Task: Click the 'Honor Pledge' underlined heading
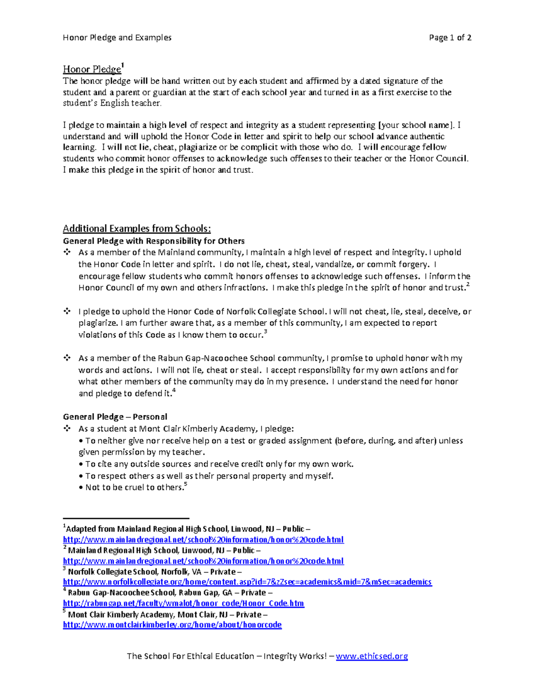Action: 92,70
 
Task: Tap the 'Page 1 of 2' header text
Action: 450,37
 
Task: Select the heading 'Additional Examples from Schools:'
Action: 136,228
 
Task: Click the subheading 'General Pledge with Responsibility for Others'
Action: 153,241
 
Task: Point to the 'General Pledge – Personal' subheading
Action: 115,417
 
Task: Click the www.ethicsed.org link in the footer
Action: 371,656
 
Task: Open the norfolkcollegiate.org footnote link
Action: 247,582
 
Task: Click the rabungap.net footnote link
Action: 183,603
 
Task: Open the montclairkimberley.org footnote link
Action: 172,625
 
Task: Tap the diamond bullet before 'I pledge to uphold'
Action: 67,311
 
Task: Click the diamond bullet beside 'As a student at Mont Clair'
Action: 67,428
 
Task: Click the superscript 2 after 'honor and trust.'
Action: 468,285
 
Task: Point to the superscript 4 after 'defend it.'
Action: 174,390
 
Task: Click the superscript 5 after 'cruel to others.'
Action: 185,485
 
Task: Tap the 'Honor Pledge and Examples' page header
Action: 117,37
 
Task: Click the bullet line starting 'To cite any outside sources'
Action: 216,464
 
